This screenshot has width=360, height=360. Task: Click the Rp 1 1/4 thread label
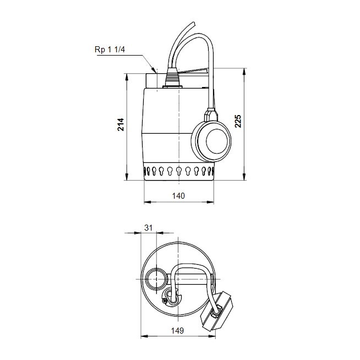click(110, 50)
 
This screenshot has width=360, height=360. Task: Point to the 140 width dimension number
click(178, 196)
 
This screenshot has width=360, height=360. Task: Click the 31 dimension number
click(147, 227)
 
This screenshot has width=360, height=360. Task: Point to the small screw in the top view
click(165, 301)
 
